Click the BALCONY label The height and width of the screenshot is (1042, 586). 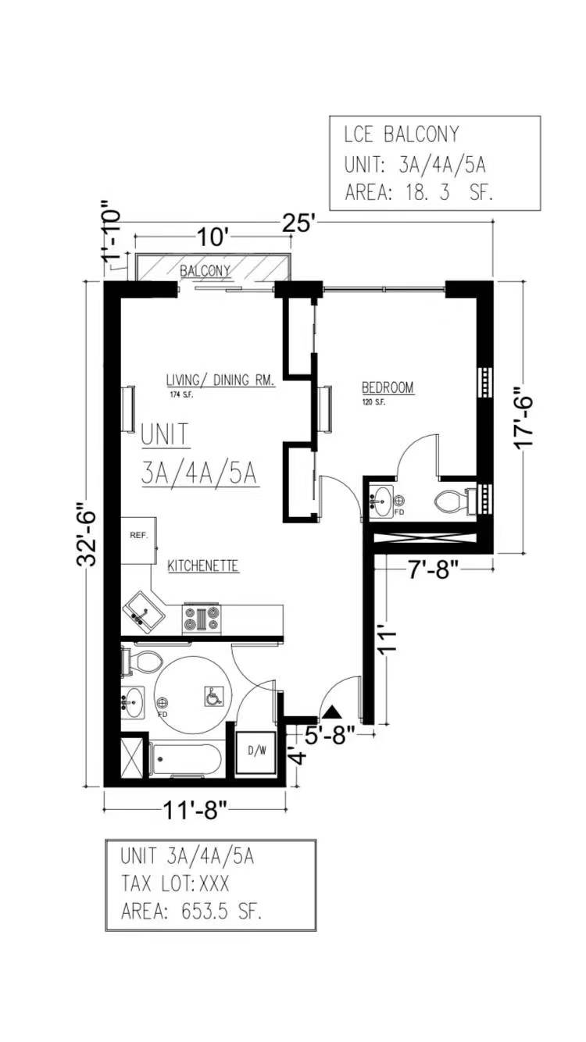point(205,271)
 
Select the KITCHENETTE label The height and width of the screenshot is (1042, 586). point(203,566)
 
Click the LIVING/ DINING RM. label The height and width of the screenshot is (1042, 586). point(220,380)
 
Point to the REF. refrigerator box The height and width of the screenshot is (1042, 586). point(139,541)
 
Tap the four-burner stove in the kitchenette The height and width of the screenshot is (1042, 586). point(202,619)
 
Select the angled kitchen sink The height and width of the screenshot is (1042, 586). point(143,613)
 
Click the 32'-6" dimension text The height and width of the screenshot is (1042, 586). point(87,533)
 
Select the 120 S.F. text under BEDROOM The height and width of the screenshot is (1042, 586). point(373,402)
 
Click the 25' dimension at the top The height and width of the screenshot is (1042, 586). point(300,223)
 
